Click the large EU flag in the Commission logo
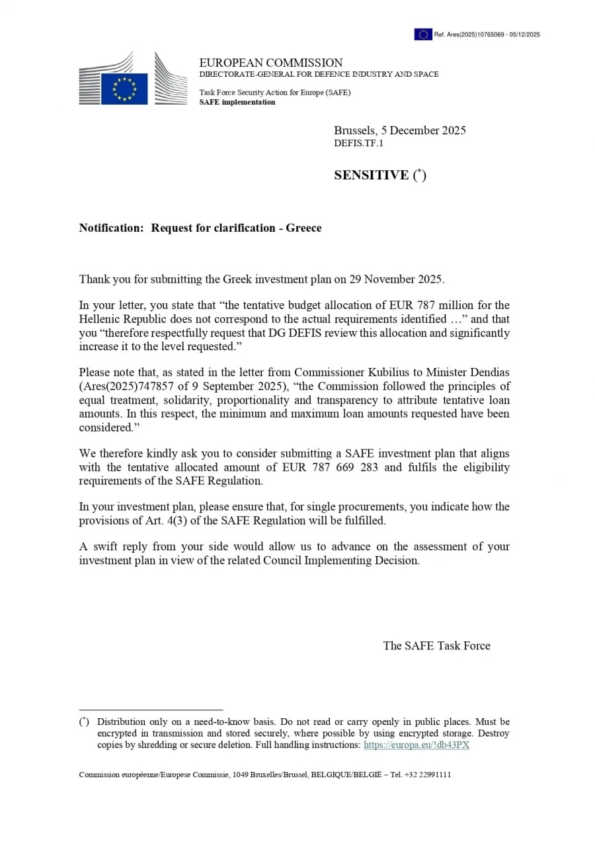[x=124, y=89]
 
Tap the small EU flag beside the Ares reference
[x=423, y=34]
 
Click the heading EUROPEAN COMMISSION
[x=271, y=63]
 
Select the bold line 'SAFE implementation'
[x=237, y=103]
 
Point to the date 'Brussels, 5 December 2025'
[x=399, y=130]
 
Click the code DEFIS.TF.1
[x=358, y=143]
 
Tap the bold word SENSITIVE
[x=372, y=175]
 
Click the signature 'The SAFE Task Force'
[x=436, y=646]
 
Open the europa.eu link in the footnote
[x=416, y=745]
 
